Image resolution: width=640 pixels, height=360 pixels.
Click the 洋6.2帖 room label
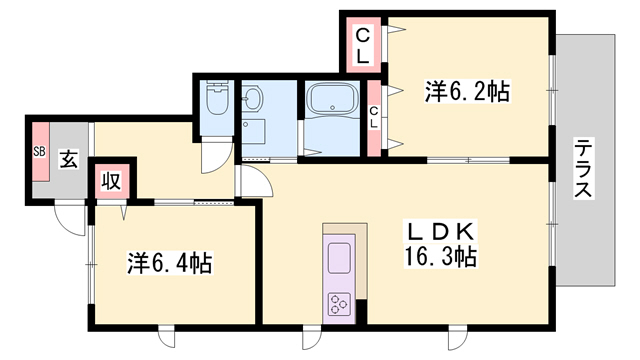point(467,92)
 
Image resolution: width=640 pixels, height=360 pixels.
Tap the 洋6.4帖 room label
point(169,264)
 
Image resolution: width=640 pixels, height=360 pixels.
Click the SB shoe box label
point(40,152)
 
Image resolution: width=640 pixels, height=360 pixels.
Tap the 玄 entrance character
point(67,160)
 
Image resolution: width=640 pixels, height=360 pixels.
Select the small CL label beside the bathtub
point(373,119)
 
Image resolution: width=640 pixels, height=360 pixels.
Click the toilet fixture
point(214,100)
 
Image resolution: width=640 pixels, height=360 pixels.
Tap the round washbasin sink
point(252,99)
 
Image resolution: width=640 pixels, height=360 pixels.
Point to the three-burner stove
point(338,302)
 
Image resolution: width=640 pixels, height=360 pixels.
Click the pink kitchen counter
point(338,276)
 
